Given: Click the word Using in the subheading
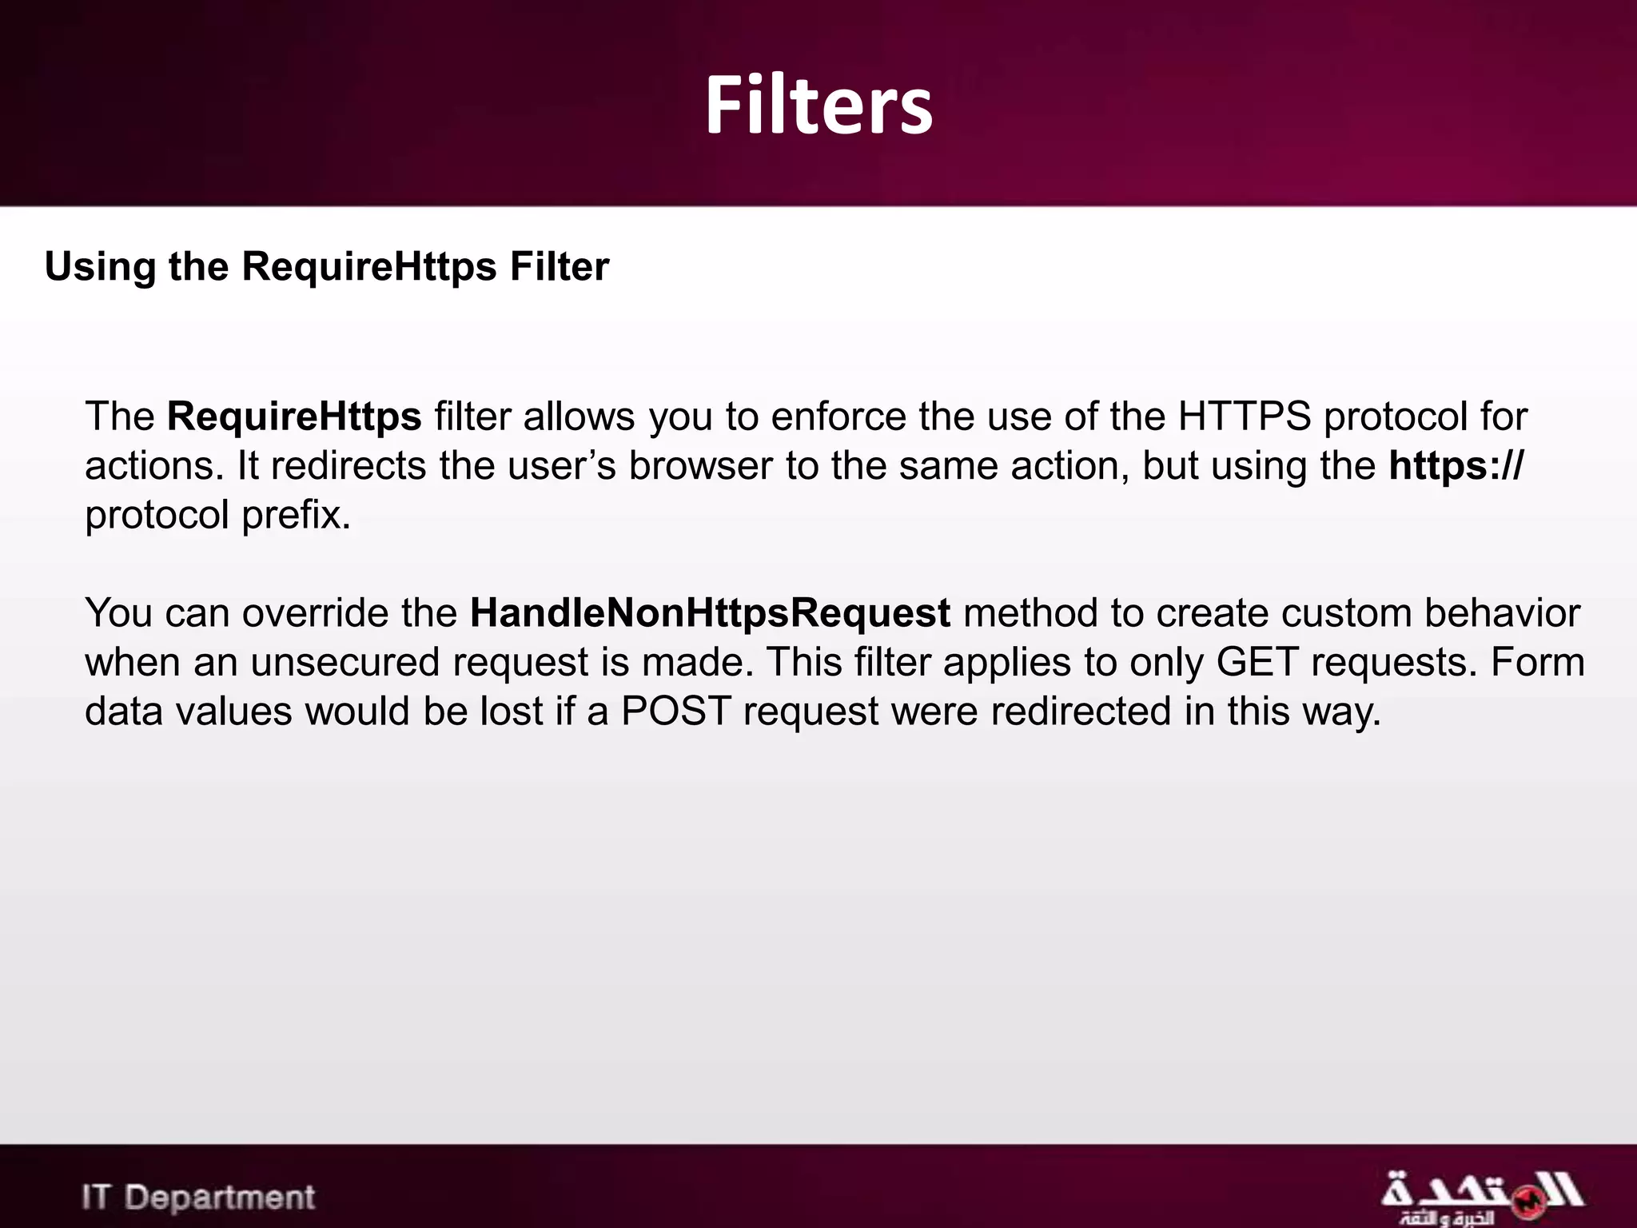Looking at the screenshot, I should coord(100,267).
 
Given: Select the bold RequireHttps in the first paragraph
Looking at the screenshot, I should coord(294,417).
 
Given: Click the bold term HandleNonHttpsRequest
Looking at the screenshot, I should coord(710,613).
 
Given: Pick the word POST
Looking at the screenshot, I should coord(676,712).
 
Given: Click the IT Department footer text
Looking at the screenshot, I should coord(198,1198).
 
